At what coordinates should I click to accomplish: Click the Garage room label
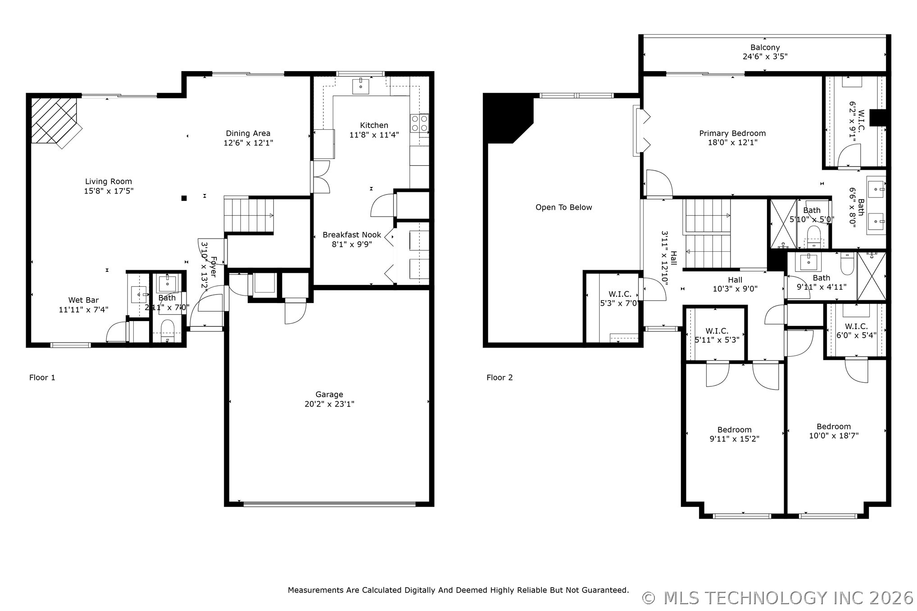coord(329,394)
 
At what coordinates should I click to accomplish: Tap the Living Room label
coord(109,181)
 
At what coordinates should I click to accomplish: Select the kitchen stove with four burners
coord(419,123)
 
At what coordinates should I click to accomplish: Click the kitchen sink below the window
coord(361,86)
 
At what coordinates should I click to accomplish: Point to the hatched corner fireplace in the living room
coord(54,121)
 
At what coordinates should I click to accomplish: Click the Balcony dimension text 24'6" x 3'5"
coord(765,57)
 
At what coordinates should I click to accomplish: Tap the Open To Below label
coord(563,207)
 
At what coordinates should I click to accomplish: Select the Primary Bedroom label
coord(732,133)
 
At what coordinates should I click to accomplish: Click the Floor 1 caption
coord(42,377)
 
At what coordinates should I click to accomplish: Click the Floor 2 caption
coord(499,377)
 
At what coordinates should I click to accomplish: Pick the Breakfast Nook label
coord(352,235)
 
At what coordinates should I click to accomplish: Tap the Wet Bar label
coord(83,300)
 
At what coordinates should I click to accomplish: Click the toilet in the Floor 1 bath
coord(168,330)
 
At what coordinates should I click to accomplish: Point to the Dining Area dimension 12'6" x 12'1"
coord(248,143)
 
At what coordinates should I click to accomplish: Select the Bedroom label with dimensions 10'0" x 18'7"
coord(834,426)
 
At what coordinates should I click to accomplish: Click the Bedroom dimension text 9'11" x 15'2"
coord(734,439)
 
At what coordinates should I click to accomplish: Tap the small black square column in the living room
coord(184,198)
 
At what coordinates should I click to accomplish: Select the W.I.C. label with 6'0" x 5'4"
coord(856,326)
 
